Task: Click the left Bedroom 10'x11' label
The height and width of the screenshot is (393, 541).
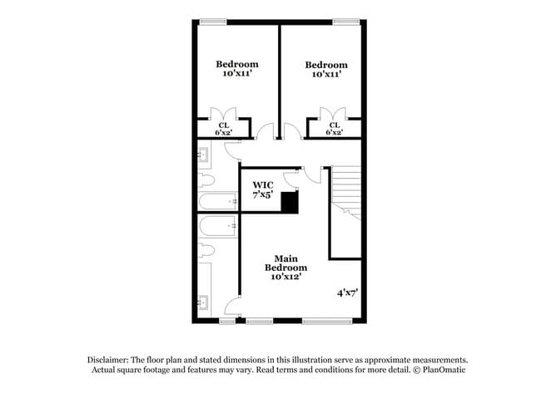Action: click(x=237, y=69)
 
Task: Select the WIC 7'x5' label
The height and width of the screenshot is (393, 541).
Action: click(x=263, y=189)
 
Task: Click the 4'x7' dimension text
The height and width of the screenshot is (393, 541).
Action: click(x=347, y=293)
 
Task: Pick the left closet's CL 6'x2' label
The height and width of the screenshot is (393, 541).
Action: click(x=223, y=129)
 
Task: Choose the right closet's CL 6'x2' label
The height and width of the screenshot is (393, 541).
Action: click(x=334, y=129)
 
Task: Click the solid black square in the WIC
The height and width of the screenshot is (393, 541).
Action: click(x=289, y=203)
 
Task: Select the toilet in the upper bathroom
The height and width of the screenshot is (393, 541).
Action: click(x=207, y=179)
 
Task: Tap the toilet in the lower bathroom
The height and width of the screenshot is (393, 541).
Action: click(x=207, y=249)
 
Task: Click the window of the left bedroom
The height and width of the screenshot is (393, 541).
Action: click(x=213, y=21)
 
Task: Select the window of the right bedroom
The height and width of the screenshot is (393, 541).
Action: click(x=345, y=21)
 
